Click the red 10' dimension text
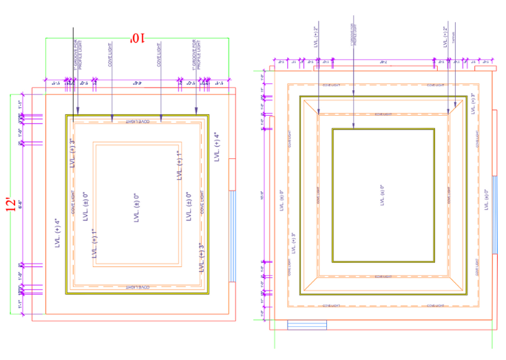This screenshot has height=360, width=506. pos(137,39)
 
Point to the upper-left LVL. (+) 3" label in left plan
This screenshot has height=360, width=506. pos(72,153)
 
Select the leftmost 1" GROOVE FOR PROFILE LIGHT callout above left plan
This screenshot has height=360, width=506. pos(78,56)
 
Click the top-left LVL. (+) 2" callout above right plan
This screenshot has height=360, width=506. pos(316,34)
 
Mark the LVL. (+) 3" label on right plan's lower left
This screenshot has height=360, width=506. pos(293,245)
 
